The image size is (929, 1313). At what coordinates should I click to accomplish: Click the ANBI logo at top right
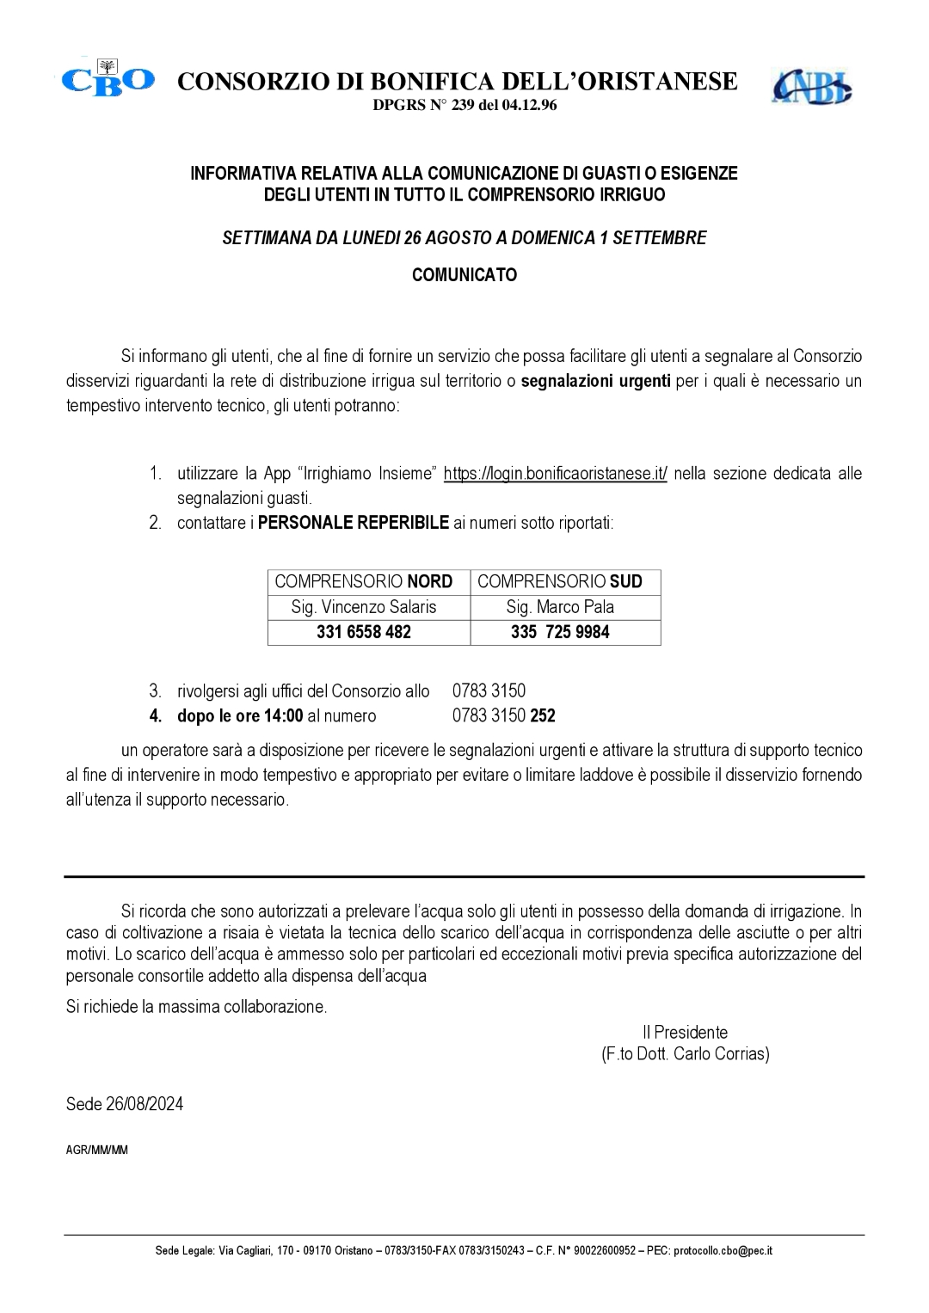click(x=811, y=86)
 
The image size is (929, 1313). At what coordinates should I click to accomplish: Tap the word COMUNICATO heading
click(x=464, y=275)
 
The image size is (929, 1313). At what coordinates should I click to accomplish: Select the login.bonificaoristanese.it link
click(x=555, y=474)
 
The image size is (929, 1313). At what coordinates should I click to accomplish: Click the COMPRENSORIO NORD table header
click(x=364, y=581)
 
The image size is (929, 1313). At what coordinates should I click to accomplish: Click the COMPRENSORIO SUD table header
click(x=560, y=581)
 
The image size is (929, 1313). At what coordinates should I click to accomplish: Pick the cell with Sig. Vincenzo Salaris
click(x=364, y=607)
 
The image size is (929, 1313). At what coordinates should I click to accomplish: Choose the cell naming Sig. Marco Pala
click(x=560, y=607)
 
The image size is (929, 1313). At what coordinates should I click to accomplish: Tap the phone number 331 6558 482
click(x=364, y=632)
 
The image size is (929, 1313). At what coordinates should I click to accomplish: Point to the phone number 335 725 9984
click(x=560, y=632)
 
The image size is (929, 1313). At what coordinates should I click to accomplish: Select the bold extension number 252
click(x=543, y=715)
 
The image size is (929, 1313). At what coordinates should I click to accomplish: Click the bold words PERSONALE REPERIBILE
click(x=354, y=523)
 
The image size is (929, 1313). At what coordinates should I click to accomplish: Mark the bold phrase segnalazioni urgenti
click(x=596, y=380)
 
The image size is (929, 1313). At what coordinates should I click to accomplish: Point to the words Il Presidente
click(x=685, y=1032)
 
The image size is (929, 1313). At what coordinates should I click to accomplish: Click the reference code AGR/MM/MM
click(x=97, y=1150)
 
